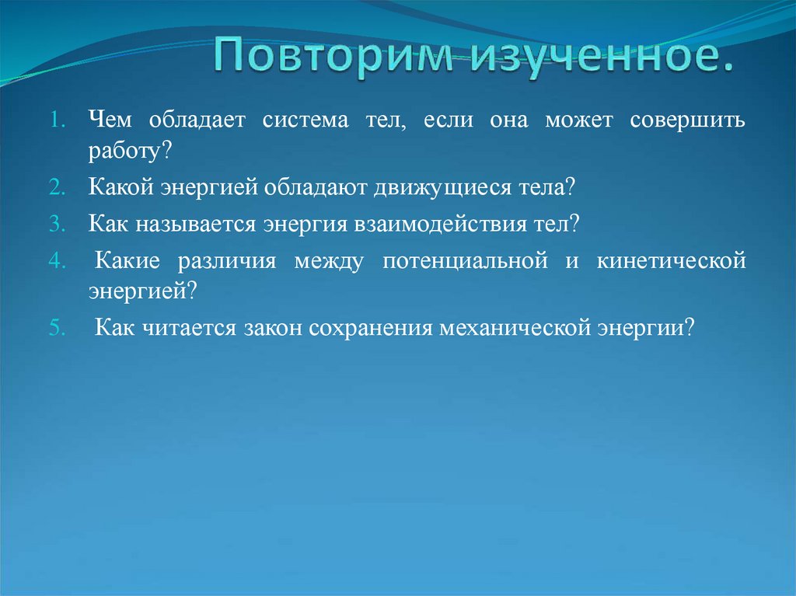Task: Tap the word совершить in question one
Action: click(688, 120)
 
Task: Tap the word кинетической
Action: click(672, 261)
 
